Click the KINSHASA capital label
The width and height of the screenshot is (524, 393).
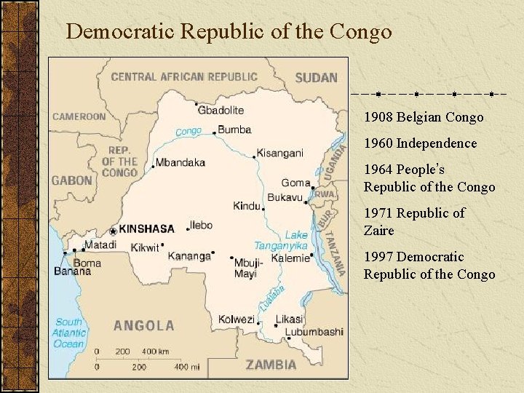146,229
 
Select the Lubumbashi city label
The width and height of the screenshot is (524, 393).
314,332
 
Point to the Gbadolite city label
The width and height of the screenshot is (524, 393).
221,110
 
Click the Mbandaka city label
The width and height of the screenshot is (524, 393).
180,162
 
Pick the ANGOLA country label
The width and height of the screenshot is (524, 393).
143,325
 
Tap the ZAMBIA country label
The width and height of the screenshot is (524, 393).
271,365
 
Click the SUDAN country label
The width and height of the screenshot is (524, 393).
317,77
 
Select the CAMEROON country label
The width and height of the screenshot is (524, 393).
79,116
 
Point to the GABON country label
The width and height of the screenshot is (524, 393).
72,180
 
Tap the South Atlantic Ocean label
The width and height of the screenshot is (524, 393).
69,333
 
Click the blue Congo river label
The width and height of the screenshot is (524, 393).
188,132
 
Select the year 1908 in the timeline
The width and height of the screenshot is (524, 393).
378,117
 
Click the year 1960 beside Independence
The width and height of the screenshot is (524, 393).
378,143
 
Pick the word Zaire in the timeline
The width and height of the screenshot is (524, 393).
379,231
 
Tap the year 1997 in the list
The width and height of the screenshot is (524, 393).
378,257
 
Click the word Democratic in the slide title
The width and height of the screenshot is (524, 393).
121,32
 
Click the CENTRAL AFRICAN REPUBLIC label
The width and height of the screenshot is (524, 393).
184,76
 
